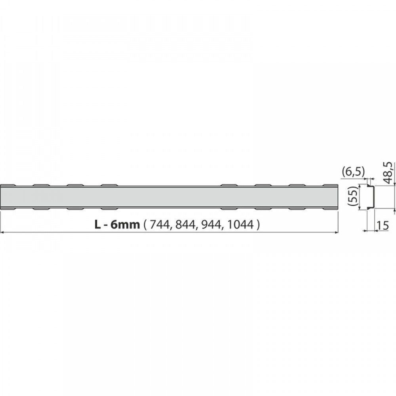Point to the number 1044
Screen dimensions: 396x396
[x=240, y=224]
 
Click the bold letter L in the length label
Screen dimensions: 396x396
[x=98, y=224]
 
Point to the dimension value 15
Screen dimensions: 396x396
[x=383, y=226]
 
